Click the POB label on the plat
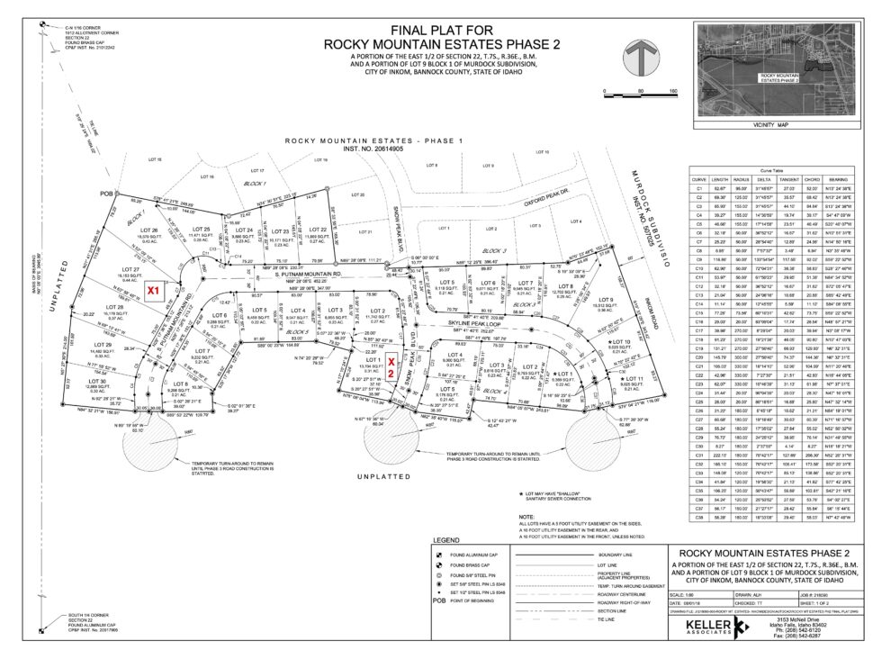coord(110,194)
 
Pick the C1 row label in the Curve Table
coord(698,187)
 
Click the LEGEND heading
coord(446,539)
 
